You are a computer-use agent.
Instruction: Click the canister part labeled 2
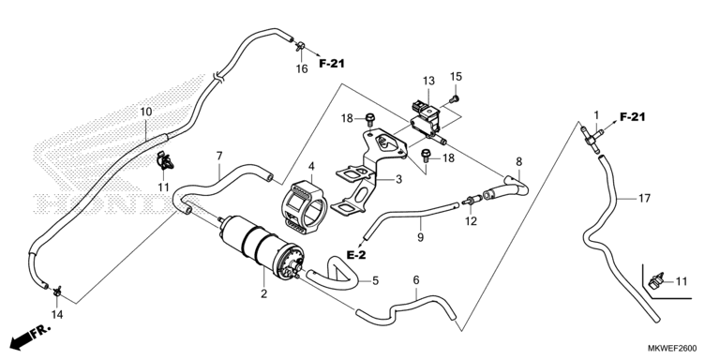(262, 247)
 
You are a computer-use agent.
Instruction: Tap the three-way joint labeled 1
(591, 137)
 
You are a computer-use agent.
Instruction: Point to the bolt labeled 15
(455, 97)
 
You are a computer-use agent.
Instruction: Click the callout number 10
(145, 112)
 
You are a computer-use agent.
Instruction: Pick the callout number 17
(644, 199)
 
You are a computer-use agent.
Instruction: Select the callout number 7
(219, 156)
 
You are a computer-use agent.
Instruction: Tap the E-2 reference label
(356, 256)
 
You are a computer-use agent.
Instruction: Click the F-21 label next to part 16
(332, 64)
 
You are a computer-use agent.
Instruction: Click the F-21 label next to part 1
(632, 117)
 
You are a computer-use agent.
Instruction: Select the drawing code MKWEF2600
(675, 349)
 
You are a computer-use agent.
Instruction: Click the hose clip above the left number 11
(165, 159)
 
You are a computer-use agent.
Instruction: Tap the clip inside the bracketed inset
(656, 280)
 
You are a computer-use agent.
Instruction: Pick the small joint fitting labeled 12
(472, 201)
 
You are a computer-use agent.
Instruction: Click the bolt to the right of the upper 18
(370, 119)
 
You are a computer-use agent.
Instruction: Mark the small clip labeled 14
(57, 291)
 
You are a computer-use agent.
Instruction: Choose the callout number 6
(416, 279)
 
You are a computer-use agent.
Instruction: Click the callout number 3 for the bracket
(398, 179)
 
